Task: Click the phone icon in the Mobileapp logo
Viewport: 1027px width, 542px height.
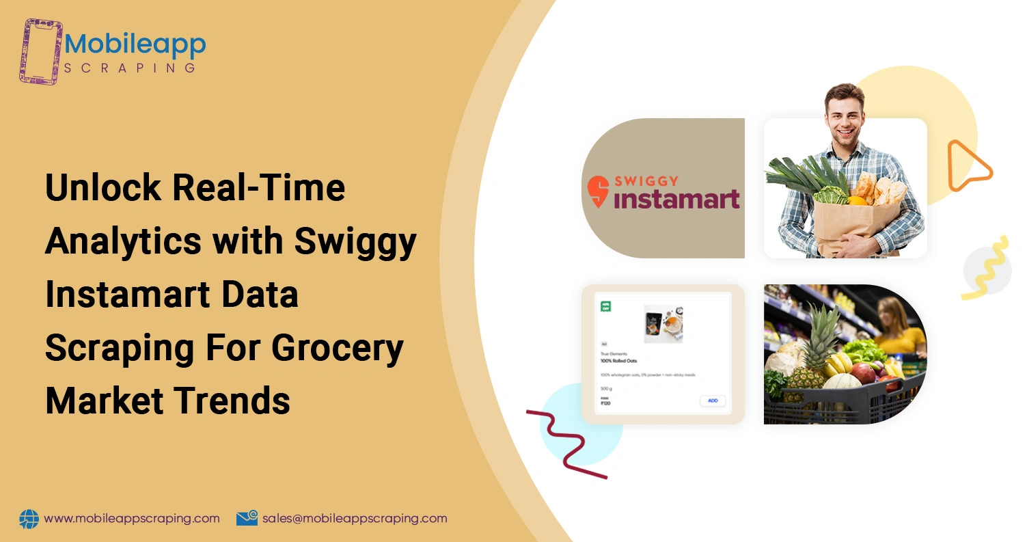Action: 41,51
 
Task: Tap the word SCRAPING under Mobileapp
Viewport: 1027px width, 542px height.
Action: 129,68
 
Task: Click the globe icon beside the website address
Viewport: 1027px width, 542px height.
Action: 29,519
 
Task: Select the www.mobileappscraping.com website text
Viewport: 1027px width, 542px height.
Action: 132,519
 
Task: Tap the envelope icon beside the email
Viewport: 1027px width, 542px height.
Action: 247,519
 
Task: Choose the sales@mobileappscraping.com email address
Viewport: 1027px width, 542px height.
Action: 355,519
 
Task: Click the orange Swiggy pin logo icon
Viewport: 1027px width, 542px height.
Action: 599,192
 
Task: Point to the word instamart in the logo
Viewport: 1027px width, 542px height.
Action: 676,199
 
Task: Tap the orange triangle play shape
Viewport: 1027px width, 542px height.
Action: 966,165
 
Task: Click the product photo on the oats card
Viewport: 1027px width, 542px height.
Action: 663,324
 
